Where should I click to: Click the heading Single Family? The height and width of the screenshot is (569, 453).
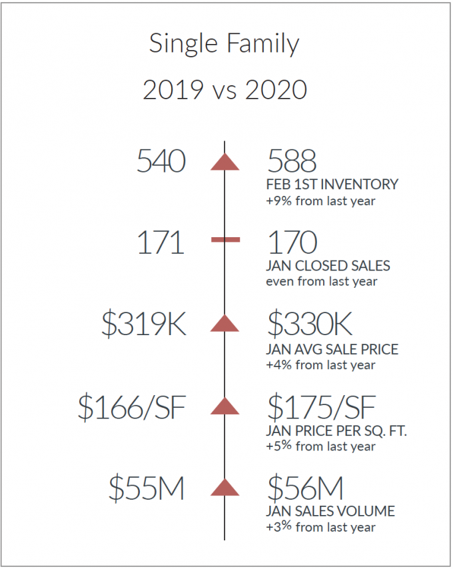click(224, 44)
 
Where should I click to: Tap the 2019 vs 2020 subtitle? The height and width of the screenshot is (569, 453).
click(225, 90)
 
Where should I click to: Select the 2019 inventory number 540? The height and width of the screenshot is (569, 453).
click(161, 161)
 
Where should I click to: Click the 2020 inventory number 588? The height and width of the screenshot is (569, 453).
click(292, 161)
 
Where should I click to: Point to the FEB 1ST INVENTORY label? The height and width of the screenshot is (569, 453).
click(332, 185)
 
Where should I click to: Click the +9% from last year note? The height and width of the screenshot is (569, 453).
click(320, 201)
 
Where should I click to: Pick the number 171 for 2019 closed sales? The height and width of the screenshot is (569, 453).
click(161, 243)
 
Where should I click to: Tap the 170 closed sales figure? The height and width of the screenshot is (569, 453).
click(292, 243)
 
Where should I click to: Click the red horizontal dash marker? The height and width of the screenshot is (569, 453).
click(225, 239)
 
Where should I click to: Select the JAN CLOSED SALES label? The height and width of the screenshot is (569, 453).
click(328, 266)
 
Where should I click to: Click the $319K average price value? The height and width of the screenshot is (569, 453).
click(144, 323)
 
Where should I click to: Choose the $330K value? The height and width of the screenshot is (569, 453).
click(310, 323)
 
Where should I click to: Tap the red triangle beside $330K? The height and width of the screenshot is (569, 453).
click(225, 323)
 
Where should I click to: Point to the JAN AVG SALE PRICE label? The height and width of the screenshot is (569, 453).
click(332, 349)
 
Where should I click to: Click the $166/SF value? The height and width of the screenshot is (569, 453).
click(132, 407)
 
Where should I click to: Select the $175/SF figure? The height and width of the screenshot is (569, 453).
click(321, 407)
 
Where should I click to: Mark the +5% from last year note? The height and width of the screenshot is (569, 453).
click(320, 446)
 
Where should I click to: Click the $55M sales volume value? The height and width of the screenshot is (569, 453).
click(147, 488)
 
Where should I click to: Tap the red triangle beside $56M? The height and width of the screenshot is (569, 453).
click(225, 487)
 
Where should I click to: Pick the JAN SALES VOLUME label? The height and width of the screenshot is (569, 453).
click(330, 511)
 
